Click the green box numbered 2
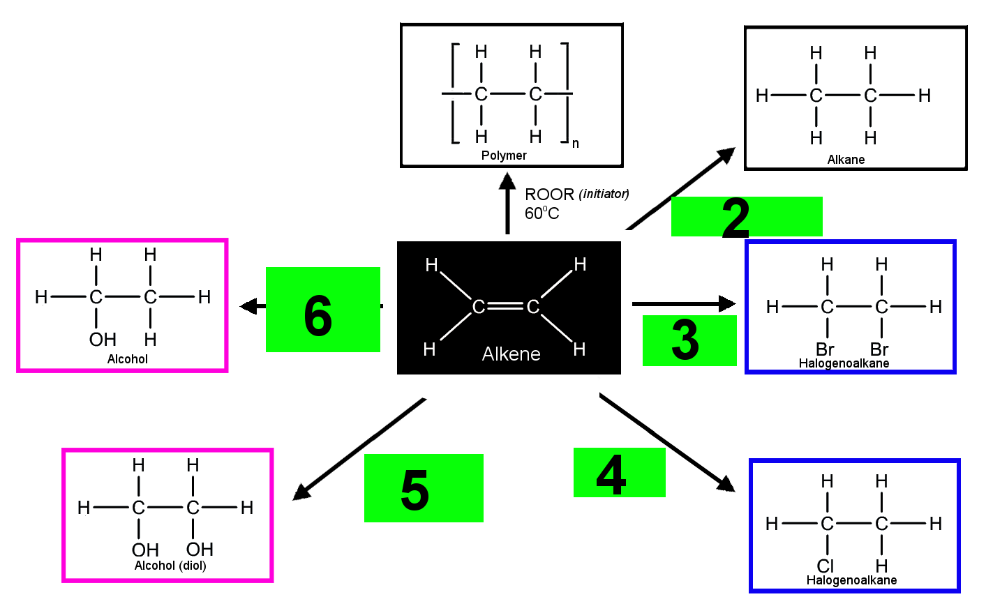[x=747, y=216]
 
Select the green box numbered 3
[x=689, y=340]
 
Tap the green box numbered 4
[x=620, y=472]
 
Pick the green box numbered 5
[x=424, y=488]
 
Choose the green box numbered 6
[x=322, y=310]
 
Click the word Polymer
[x=504, y=156]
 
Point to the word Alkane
[x=846, y=159]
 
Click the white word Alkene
[x=511, y=354]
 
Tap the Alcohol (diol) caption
[x=170, y=566]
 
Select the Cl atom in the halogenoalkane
[x=826, y=566]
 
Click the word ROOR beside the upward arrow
[x=549, y=194]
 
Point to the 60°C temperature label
[x=542, y=213]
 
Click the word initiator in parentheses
[x=604, y=194]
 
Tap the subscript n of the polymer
[x=575, y=144]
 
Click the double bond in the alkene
[x=506, y=306]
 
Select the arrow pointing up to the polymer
[x=507, y=203]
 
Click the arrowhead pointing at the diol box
[x=301, y=492]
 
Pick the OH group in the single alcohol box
[x=103, y=340]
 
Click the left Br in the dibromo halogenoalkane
[x=825, y=349]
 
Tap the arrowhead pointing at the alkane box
[x=726, y=156]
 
